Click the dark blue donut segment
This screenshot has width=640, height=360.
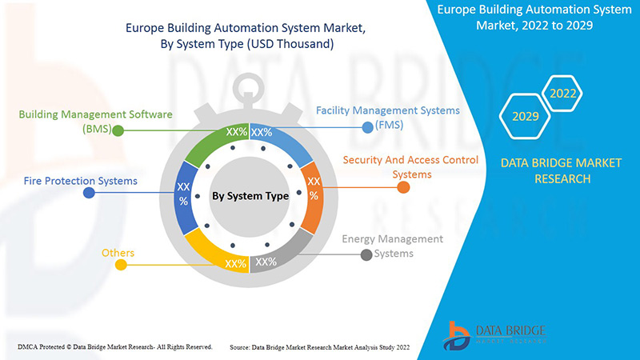pos(184,195)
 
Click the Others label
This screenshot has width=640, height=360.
pos(118,254)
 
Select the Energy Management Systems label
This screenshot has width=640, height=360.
pos(392,246)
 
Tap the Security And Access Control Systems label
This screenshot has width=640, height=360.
pos(410,167)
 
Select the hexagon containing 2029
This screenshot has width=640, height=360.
pos(525,117)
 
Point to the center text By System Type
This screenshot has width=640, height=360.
pos(250,195)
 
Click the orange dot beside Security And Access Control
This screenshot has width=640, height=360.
pos(403,188)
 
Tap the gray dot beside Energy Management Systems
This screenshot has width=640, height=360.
pos(366,255)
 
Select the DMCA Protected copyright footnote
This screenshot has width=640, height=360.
pos(114,346)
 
